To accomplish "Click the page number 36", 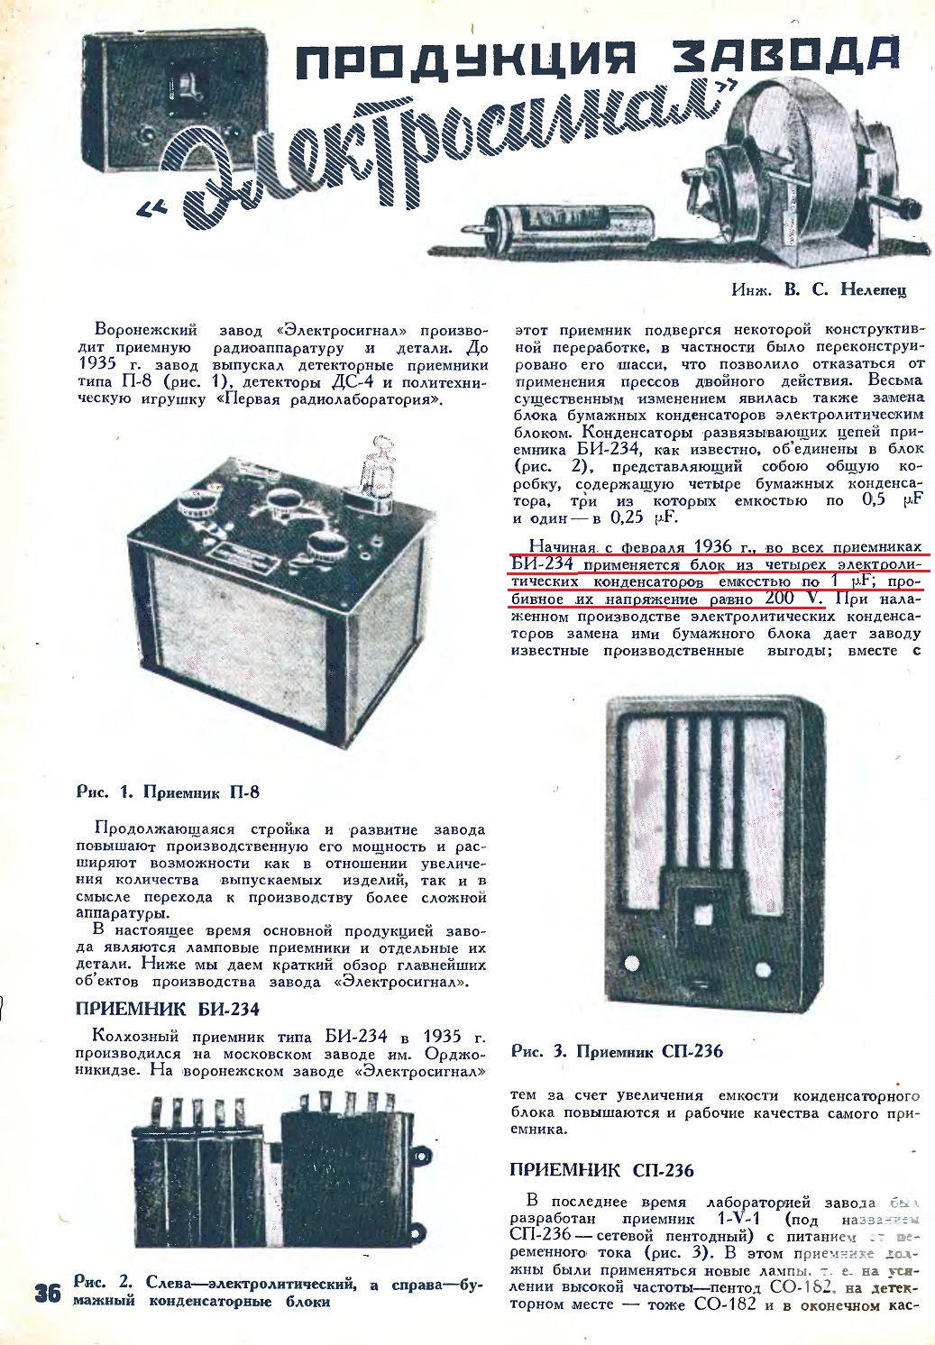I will (x=47, y=1293).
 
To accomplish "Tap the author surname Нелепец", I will (x=873, y=289).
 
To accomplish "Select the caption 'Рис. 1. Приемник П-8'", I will (x=168, y=792).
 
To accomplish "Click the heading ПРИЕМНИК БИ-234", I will (x=168, y=1009).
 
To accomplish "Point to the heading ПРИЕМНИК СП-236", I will (x=601, y=1170).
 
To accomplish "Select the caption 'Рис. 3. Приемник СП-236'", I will (x=617, y=1051).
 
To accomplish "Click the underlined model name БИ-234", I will (x=542, y=564).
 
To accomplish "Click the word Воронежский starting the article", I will (x=145, y=330).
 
